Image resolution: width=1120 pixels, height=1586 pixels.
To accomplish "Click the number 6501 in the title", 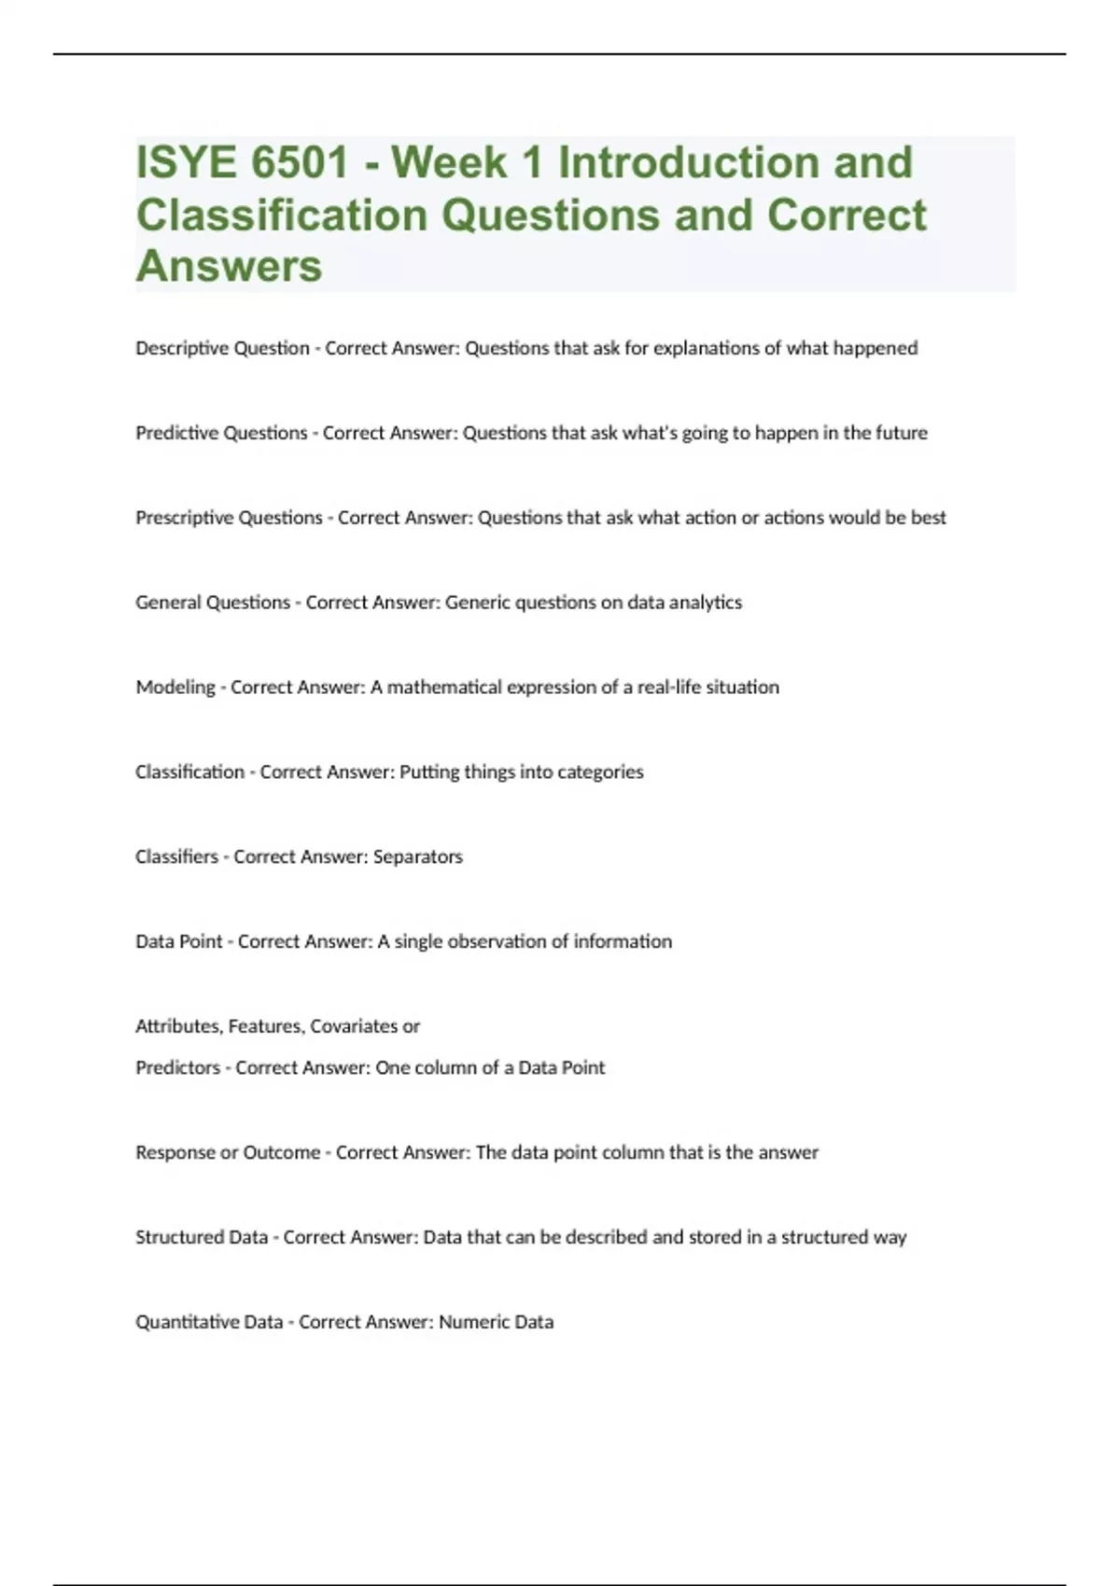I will pos(300,163).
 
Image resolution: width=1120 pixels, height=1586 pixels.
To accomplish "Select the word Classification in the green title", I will pos(282,216).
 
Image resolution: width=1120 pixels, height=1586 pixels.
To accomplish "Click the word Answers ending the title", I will pos(229,267).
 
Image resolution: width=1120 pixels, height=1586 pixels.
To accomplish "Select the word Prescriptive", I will pos(183,518).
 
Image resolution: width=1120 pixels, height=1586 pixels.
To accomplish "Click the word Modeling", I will pos(175,688).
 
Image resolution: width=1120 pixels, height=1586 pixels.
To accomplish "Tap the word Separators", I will pos(417,857).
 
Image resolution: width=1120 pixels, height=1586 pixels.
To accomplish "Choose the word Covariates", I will pos(354,1026).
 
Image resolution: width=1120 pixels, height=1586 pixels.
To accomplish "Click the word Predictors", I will pos(177,1068).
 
